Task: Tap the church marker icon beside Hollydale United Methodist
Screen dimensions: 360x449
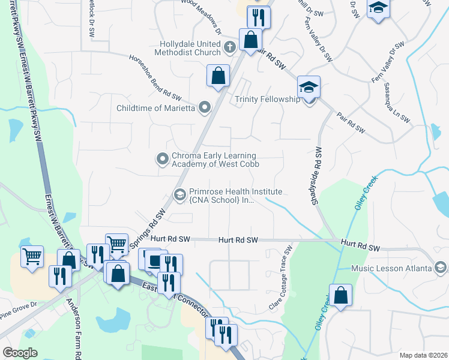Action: point(229,47)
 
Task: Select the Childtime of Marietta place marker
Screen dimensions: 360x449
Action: point(205,108)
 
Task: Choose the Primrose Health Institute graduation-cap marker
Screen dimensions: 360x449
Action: point(179,194)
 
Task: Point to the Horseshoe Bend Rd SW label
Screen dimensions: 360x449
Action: point(155,79)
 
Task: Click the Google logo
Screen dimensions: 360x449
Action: point(20,352)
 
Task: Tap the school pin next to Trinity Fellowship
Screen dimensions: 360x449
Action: point(309,88)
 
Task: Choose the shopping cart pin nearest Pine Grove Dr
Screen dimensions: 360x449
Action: point(32,256)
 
